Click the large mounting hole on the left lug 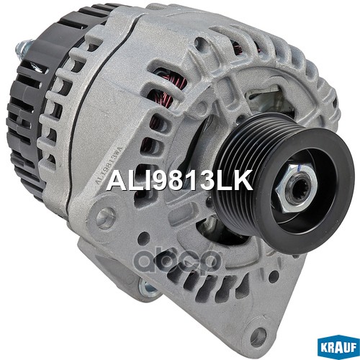[x=106, y=218]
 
